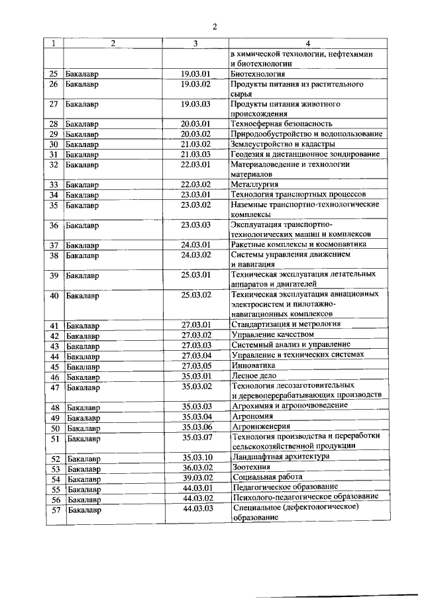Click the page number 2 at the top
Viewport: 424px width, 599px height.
pyautogui.click(x=215, y=26)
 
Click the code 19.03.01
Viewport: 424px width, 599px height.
pyautogui.click(x=195, y=74)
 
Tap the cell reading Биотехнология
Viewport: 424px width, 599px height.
pyautogui.click(x=258, y=74)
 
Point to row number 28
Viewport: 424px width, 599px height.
pyautogui.click(x=54, y=124)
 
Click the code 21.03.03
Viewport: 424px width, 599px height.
pyautogui.click(x=195, y=154)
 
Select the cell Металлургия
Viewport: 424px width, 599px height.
pyautogui.click(x=254, y=184)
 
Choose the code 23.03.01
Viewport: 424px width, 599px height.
pyautogui.click(x=195, y=195)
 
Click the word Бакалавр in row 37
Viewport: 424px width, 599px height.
pyautogui.click(x=82, y=245)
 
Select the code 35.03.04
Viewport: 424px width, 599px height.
pyautogui.click(x=196, y=416)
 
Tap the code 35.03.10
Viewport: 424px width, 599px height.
pyautogui.click(x=197, y=457)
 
